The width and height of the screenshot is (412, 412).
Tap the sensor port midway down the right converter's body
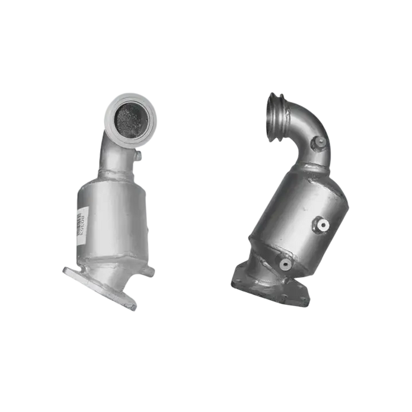(x=322, y=225)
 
